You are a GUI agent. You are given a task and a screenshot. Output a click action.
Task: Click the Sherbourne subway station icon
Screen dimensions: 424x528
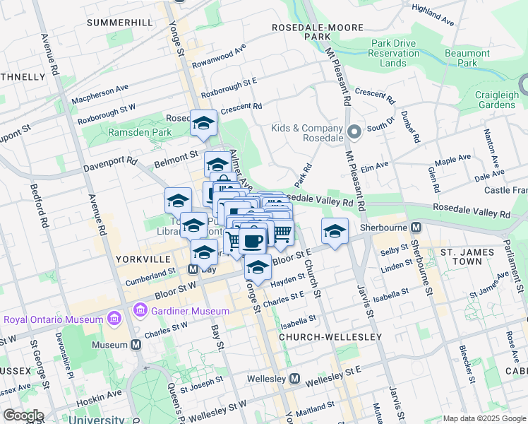point(416,227)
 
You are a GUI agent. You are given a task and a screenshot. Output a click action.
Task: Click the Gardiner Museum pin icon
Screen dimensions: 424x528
point(140,310)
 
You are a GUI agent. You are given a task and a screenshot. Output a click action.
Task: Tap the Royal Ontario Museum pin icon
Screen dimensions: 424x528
point(113,319)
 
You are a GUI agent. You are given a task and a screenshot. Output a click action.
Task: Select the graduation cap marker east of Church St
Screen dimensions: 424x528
point(335,230)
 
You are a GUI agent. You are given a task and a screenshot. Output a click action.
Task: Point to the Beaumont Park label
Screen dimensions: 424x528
point(467,58)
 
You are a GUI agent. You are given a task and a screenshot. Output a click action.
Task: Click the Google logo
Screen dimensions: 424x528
point(24,416)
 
